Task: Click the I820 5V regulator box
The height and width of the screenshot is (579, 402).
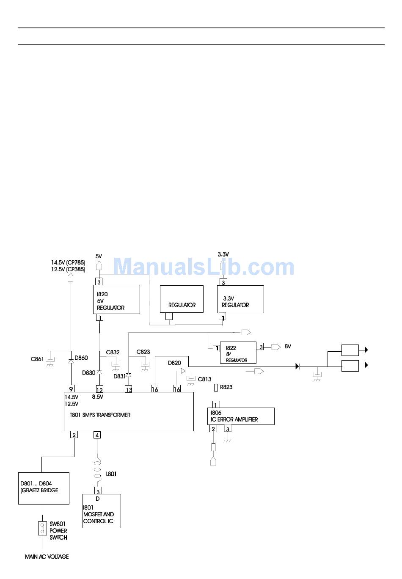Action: pyautogui.click(x=116, y=299)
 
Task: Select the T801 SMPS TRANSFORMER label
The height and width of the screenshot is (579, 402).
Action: pyautogui.click(x=100, y=415)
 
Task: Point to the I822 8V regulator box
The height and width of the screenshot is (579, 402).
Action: pyautogui.click(x=238, y=353)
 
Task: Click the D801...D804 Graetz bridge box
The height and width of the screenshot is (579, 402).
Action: pyautogui.click(x=44, y=488)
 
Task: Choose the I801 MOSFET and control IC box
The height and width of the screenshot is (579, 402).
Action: pyautogui.click(x=102, y=511)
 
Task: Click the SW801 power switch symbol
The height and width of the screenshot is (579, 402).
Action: pyautogui.click(x=42, y=528)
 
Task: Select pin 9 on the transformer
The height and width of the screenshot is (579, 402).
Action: pyautogui.click(x=71, y=389)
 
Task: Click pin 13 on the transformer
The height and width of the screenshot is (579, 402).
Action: pyautogui.click(x=128, y=389)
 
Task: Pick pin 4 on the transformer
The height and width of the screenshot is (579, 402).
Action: pyautogui.click(x=97, y=435)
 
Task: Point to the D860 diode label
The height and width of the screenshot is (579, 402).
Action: pyautogui.click(x=81, y=358)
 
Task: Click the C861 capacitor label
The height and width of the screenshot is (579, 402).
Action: pyautogui.click(x=37, y=359)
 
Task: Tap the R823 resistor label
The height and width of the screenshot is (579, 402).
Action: pyautogui.click(x=226, y=387)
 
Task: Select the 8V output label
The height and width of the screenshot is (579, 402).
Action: pyautogui.click(x=288, y=346)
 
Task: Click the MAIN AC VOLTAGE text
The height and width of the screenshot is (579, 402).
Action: pyautogui.click(x=47, y=557)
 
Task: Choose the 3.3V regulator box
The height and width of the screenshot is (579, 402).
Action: pyautogui.click(x=240, y=299)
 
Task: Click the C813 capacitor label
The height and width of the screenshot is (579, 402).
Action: pyautogui.click(x=204, y=379)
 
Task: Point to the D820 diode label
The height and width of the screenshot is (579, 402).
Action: pyautogui.click(x=174, y=363)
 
